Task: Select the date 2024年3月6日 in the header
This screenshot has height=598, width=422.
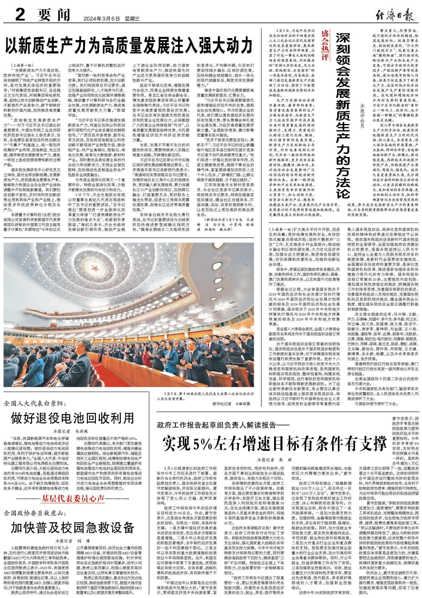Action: pyautogui.click(x=102, y=18)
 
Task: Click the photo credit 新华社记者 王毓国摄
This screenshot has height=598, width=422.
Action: pyautogui.click(x=231, y=404)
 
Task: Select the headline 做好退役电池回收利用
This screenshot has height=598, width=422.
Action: pyautogui.click(x=73, y=418)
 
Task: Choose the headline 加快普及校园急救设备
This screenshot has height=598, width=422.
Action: pyautogui.click(x=73, y=527)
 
